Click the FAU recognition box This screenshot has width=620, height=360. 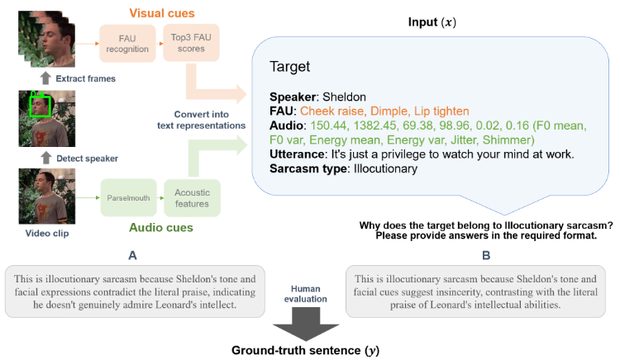[127, 44]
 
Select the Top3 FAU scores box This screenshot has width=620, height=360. [191, 43]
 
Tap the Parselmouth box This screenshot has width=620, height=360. [128, 198]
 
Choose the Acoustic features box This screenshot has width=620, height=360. [192, 198]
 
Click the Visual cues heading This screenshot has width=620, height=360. [162, 13]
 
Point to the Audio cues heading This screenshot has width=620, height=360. [161, 227]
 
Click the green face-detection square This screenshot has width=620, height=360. [40, 106]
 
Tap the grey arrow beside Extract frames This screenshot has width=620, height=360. [46, 78]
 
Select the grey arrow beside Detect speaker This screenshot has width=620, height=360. [46, 158]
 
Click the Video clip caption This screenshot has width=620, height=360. [47, 233]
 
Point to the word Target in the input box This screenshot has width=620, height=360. [289, 66]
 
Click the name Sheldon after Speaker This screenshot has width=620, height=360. [344, 97]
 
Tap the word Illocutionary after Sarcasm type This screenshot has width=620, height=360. [386, 169]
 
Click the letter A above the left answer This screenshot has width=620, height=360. [132, 256]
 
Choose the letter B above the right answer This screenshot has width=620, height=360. [486, 256]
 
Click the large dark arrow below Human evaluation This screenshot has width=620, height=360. [306, 324]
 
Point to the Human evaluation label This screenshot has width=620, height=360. [305, 294]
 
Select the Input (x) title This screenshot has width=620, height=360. [432, 22]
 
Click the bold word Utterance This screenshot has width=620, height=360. [297, 154]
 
